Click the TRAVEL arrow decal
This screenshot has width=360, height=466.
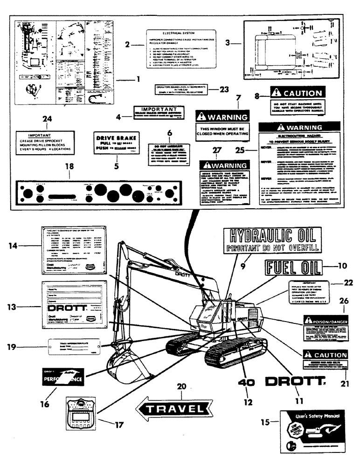pos(171,409)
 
